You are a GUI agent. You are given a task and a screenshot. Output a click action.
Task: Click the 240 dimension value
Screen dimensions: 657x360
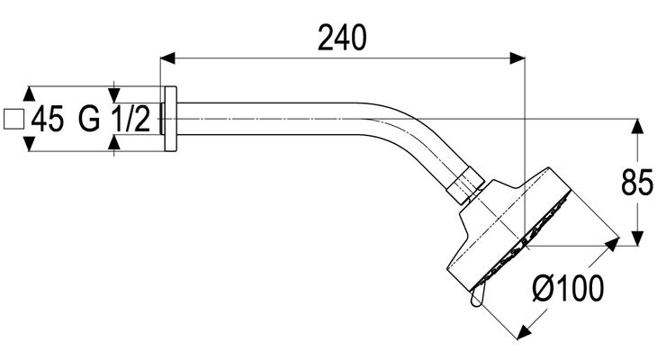[x=342, y=37]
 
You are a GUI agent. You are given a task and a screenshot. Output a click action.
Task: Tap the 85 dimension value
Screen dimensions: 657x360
[x=637, y=182]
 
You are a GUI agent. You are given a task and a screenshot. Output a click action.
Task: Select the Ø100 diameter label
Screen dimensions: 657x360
[x=568, y=288]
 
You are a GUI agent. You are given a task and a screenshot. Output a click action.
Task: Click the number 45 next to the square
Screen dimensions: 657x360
[x=48, y=119]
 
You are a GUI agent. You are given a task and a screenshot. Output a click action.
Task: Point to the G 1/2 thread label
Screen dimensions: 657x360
[x=114, y=119]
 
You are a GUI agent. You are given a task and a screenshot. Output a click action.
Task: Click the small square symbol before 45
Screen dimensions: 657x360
[x=13, y=119]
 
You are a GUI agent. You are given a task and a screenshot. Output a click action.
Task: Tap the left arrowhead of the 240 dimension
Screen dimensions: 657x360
[x=167, y=58]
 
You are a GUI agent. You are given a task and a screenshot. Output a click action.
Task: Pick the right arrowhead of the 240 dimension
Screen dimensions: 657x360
[x=517, y=58]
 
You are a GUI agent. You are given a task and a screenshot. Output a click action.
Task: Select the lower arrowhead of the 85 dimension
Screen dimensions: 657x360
[x=637, y=238]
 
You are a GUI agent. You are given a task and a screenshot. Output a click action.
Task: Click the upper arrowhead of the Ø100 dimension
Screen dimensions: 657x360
[x=612, y=244]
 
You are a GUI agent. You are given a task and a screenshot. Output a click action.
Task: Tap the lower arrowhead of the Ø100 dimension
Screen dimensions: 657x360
[x=524, y=332]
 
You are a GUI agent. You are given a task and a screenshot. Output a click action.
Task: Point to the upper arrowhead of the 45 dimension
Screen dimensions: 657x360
[x=29, y=94]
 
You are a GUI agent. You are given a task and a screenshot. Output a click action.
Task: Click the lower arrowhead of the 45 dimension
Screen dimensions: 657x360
[x=29, y=144]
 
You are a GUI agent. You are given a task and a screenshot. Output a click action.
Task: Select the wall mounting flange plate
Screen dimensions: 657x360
[x=170, y=119]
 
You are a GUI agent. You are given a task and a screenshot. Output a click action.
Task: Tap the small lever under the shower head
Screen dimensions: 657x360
[x=478, y=294]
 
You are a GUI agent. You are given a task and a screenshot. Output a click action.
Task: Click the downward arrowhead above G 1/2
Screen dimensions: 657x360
[x=114, y=94]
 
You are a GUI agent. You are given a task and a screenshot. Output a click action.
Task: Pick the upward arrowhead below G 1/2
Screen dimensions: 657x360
[x=114, y=142]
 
